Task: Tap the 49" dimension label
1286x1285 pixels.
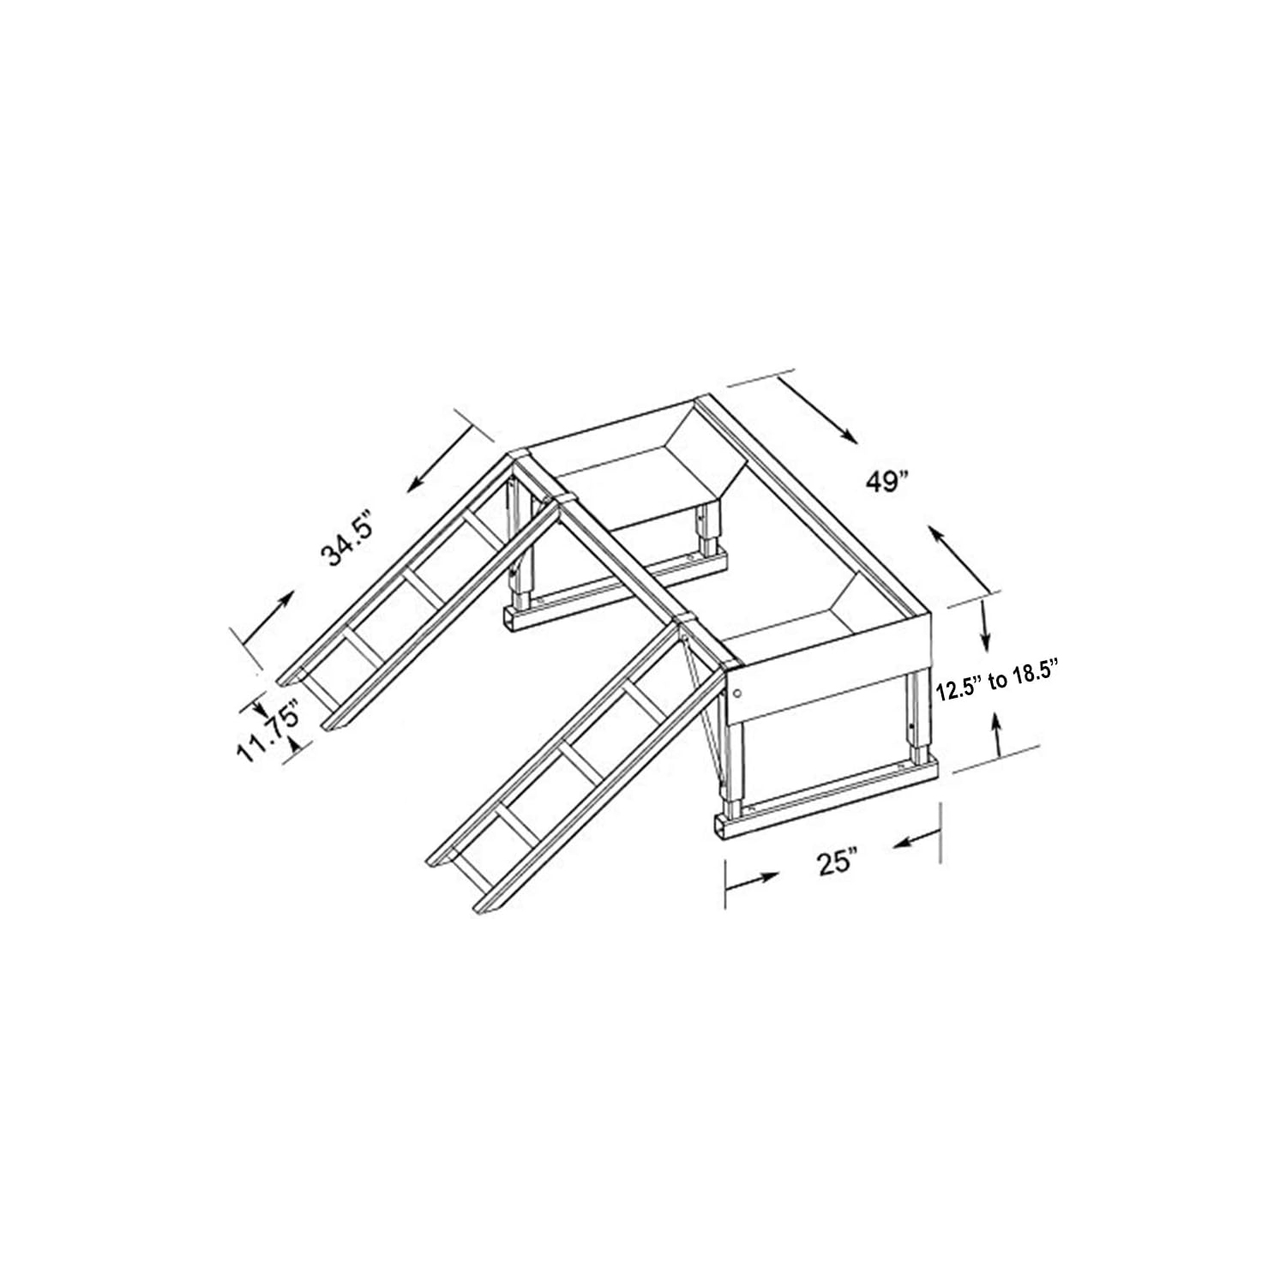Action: point(886,483)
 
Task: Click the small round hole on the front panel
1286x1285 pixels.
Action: point(737,694)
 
